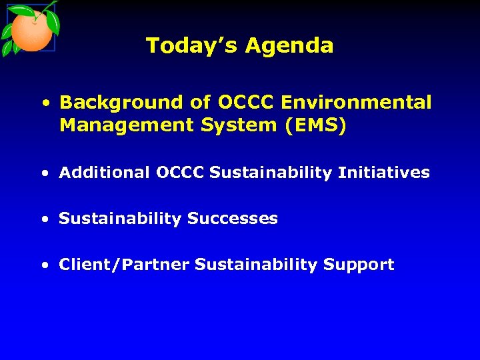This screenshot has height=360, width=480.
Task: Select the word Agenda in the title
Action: [x=289, y=46]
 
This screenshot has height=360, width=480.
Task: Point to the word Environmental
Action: [x=357, y=103]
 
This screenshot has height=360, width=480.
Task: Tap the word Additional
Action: [x=105, y=173]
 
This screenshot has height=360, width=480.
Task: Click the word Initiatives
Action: [x=384, y=173]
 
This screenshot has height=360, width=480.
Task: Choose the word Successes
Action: [x=233, y=219]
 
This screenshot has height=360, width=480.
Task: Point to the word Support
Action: [x=359, y=265]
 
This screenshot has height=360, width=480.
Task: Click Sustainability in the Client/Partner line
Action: [x=256, y=265]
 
